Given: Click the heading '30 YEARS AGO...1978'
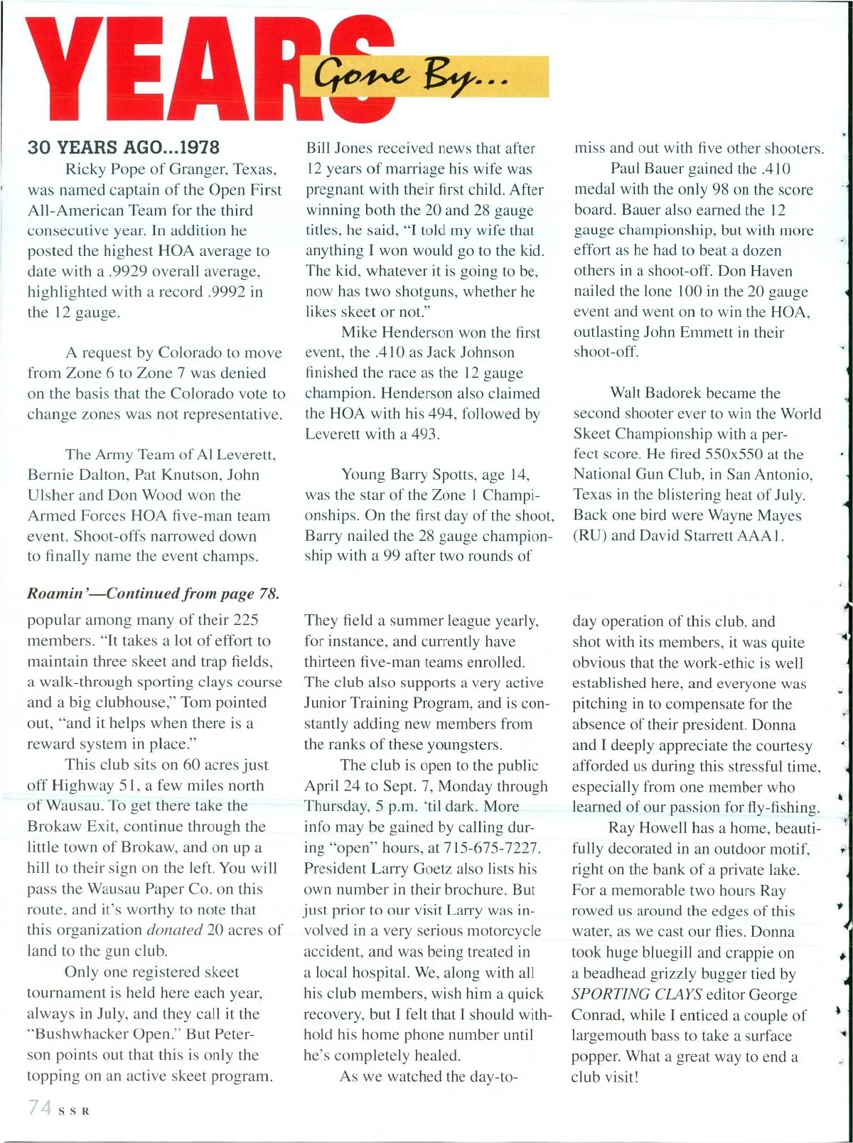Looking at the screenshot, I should pyautogui.click(x=123, y=147).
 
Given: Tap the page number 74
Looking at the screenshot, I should pyautogui.click(x=39, y=1108).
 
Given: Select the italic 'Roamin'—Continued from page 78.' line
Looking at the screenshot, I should pyautogui.click(x=153, y=594).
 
